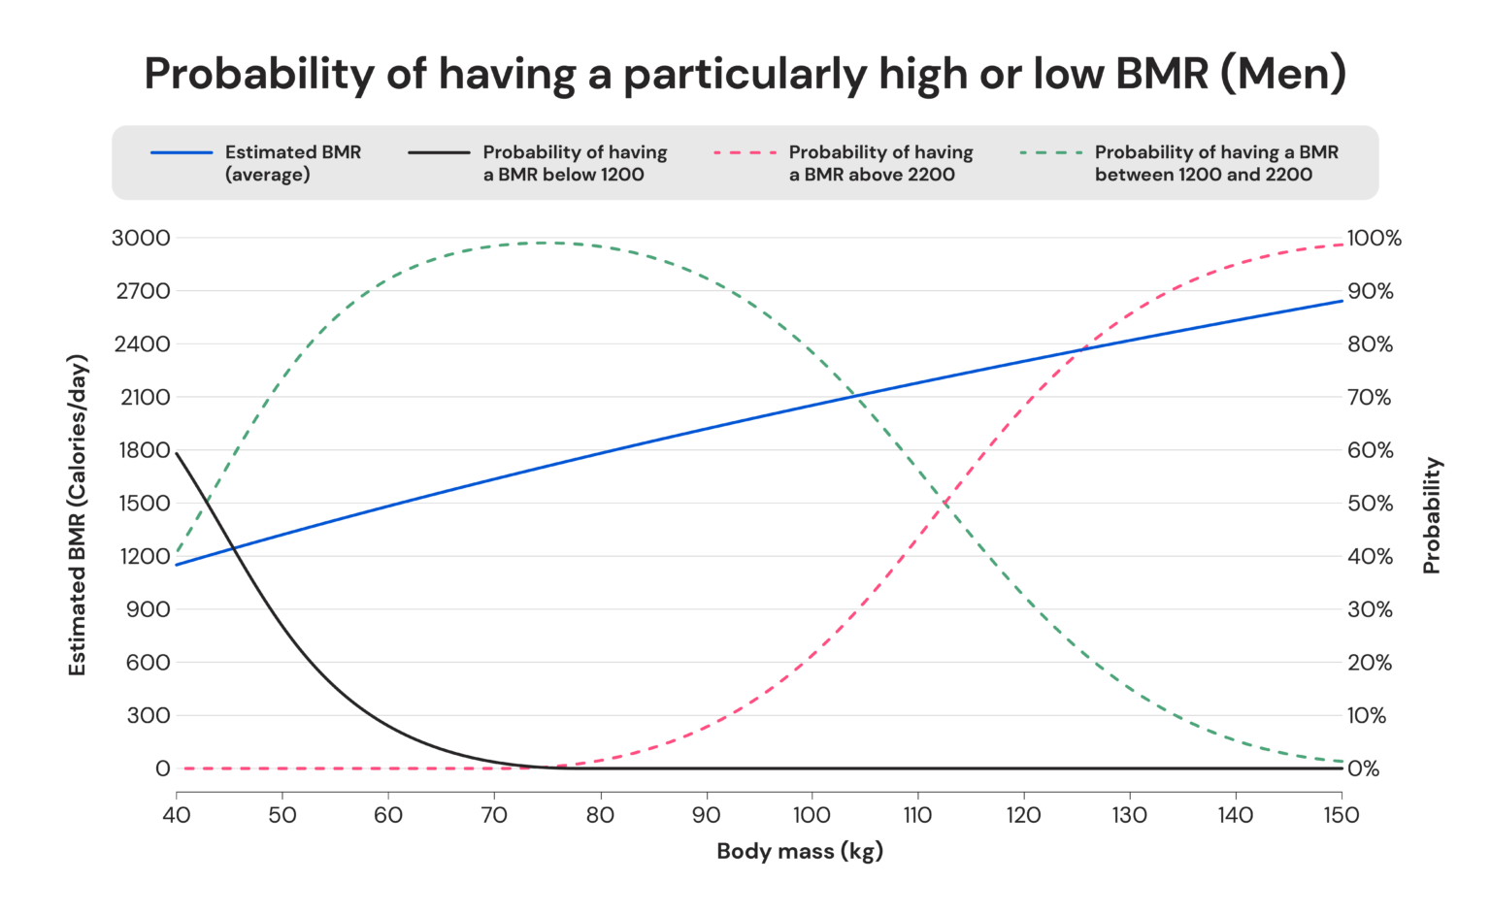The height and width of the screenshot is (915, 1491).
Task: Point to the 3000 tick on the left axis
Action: tap(141, 238)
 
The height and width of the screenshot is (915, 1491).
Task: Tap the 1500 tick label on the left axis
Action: tap(142, 503)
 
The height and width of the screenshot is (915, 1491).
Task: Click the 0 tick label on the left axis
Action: tap(162, 768)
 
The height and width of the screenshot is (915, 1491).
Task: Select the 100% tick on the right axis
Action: tap(1375, 238)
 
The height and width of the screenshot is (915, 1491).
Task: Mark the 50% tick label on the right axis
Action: tap(1370, 503)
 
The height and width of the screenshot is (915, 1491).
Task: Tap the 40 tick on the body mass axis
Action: tap(176, 815)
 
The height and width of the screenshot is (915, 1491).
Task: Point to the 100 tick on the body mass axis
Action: tap(812, 815)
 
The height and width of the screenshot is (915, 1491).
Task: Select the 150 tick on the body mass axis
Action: tap(1342, 815)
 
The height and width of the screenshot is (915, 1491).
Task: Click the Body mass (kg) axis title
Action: tap(800, 852)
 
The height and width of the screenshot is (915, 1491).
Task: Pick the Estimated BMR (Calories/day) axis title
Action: tap(78, 514)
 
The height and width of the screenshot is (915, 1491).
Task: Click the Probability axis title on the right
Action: tap(1432, 514)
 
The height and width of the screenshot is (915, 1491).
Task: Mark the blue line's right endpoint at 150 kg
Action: tap(1342, 301)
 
